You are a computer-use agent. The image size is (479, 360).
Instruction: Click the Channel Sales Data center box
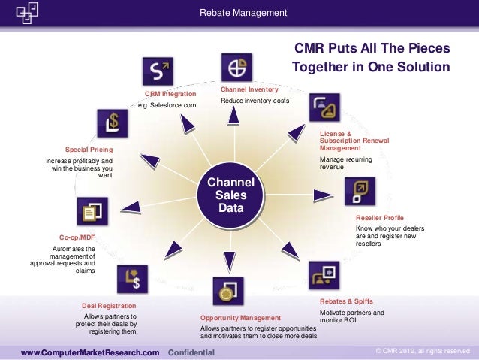(231, 194)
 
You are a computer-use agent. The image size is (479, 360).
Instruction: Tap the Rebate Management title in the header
(243, 13)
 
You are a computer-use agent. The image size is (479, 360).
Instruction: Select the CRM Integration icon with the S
(158, 72)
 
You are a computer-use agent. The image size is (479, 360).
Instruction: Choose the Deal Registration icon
(131, 279)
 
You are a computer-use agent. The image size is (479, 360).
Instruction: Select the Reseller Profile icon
(359, 191)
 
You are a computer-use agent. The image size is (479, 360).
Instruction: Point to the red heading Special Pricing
(89, 150)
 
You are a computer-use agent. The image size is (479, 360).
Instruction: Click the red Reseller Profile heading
(379, 218)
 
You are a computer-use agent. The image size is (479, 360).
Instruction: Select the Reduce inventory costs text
(255, 101)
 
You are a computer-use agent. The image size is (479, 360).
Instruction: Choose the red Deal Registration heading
(109, 306)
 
